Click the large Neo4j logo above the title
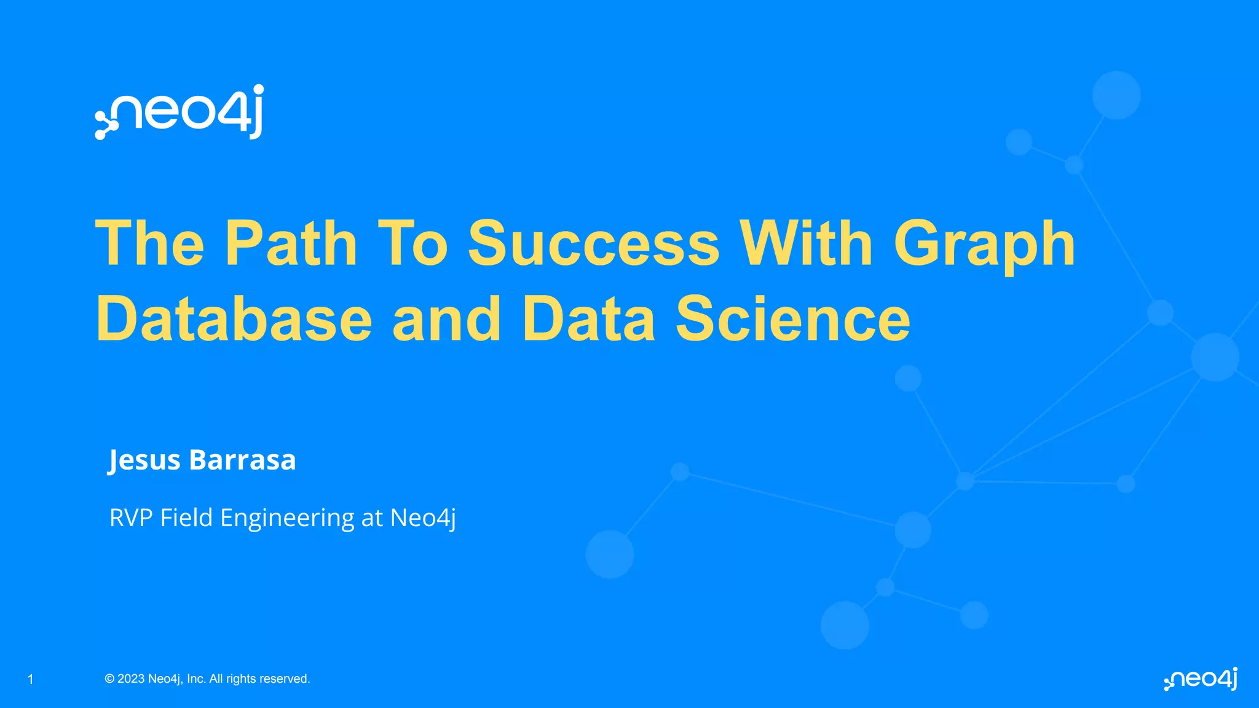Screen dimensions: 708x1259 (x=180, y=112)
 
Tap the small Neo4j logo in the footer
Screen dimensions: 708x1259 (x=1201, y=679)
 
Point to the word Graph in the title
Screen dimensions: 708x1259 (x=984, y=245)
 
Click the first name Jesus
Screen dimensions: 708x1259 (x=144, y=460)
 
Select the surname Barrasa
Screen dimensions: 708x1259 (x=242, y=460)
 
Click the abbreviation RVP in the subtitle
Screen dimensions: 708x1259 (x=130, y=517)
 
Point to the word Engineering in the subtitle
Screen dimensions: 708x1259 (x=287, y=519)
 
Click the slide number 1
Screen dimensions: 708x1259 (x=31, y=679)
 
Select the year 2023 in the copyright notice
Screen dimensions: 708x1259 (x=131, y=679)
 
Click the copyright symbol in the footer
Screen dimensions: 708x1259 (x=109, y=679)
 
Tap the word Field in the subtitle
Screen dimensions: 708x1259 (x=186, y=517)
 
